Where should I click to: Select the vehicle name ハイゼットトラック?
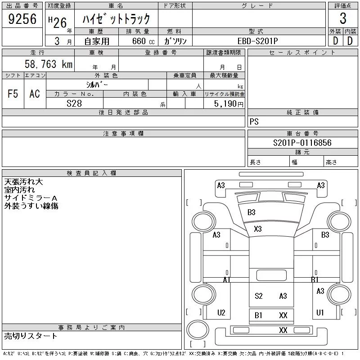[x=116, y=19]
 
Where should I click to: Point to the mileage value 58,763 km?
[x=48, y=64]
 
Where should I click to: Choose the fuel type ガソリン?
[x=175, y=40]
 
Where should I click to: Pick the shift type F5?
[x=13, y=94]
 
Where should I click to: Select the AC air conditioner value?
[x=35, y=94]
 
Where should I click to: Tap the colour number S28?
[x=74, y=103]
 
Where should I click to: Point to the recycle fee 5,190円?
[x=229, y=104]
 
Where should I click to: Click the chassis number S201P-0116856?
[x=302, y=143]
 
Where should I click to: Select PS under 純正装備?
[x=254, y=122]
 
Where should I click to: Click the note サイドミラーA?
[x=31, y=198]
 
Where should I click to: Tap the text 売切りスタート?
[x=31, y=336]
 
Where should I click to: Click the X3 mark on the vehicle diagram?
[x=257, y=229]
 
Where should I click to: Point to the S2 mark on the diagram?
[x=258, y=296]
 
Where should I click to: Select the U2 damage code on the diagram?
[x=221, y=312]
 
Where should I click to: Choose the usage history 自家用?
[x=97, y=40]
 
